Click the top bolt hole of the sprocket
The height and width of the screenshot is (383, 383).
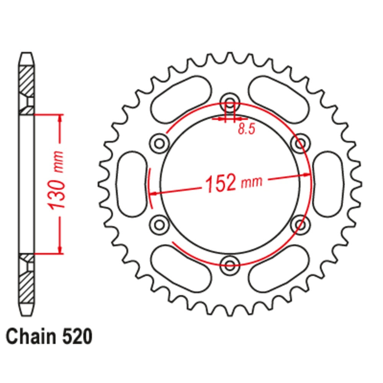point(230,103)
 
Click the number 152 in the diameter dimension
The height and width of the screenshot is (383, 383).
point(221,183)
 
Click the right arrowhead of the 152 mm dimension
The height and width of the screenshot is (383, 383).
point(307,175)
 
